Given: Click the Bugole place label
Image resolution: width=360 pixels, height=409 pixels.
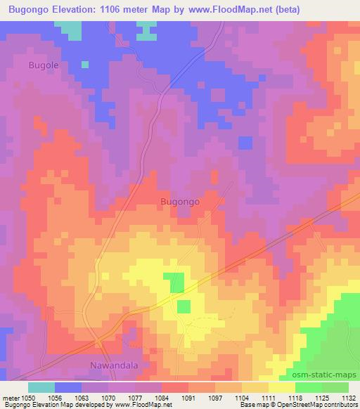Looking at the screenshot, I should (x=43, y=65).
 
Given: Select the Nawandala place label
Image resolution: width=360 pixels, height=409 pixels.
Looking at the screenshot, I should (x=115, y=365).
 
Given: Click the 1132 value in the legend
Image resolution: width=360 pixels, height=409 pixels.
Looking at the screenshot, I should (x=348, y=397).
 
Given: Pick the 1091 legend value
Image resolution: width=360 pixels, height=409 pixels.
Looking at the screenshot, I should (x=188, y=397).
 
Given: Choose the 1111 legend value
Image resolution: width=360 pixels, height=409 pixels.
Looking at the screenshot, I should (x=268, y=397).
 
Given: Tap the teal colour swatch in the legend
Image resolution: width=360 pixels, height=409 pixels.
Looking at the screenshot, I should (x=41, y=387).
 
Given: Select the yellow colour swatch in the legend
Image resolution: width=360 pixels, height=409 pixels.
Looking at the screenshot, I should (x=281, y=387).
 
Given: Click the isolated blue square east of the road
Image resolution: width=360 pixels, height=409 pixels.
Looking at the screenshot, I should (x=245, y=143).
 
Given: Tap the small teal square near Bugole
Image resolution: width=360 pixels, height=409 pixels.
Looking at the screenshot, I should (x=84, y=65).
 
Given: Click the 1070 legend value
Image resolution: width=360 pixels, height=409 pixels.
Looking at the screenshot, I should (x=109, y=397).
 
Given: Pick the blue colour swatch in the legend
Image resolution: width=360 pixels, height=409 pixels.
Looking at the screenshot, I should (x=68, y=387).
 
